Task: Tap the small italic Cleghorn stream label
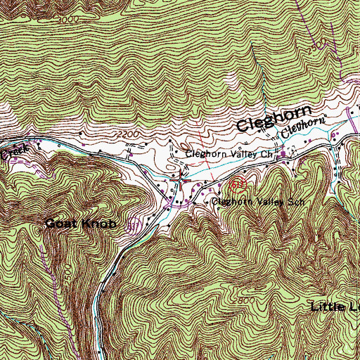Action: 306,127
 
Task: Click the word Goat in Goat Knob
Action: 59,224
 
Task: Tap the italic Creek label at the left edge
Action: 11,151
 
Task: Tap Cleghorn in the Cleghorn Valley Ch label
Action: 208,153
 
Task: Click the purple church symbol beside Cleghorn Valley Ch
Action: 284,153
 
